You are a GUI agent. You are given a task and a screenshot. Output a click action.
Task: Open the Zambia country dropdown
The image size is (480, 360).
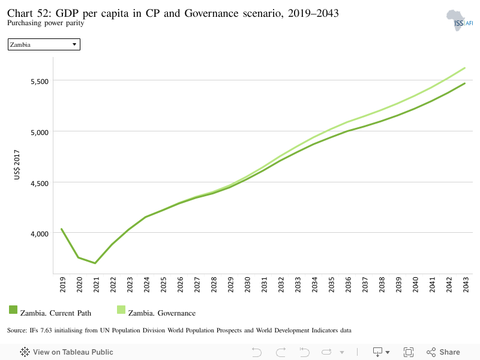point(44,44)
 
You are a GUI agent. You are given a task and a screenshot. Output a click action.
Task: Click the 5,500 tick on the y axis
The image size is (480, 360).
point(40,82)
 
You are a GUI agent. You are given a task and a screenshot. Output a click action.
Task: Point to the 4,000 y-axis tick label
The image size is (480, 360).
point(40,234)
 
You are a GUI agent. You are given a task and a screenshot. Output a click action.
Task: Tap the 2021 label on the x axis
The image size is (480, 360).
point(96,284)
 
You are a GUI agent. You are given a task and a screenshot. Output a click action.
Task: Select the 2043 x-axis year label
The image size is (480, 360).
point(466,284)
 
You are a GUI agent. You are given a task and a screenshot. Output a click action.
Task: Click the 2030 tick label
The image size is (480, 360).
point(247,284)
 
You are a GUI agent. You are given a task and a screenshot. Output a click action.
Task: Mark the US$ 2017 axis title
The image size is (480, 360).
point(17,164)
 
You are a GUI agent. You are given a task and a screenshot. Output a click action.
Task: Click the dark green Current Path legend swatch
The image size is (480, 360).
point(13,310)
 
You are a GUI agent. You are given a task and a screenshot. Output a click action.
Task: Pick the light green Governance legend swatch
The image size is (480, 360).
point(121,310)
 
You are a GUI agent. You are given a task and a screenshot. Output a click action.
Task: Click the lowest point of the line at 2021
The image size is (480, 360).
point(95,263)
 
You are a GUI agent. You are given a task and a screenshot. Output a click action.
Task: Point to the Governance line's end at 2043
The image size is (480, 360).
point(464,68)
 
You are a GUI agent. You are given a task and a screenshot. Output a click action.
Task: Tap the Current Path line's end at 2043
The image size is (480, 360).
point(464,83)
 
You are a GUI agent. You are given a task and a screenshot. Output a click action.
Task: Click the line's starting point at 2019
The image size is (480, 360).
point(62,229)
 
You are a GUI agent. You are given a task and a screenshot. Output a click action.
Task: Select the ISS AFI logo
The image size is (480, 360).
point(460,20)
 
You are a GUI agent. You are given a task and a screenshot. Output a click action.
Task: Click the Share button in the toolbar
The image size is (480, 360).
point(443,352)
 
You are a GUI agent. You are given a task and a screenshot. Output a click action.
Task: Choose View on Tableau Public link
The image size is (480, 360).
point(67,352)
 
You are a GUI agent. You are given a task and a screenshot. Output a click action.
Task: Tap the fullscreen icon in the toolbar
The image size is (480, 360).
point(409,352)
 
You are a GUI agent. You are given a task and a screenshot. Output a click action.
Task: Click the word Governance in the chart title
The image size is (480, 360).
point(211,13)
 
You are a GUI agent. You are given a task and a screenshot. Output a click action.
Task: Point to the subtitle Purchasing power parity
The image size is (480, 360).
point(46,23)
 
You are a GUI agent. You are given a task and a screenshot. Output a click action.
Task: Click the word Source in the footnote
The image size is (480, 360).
point(17,331)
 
